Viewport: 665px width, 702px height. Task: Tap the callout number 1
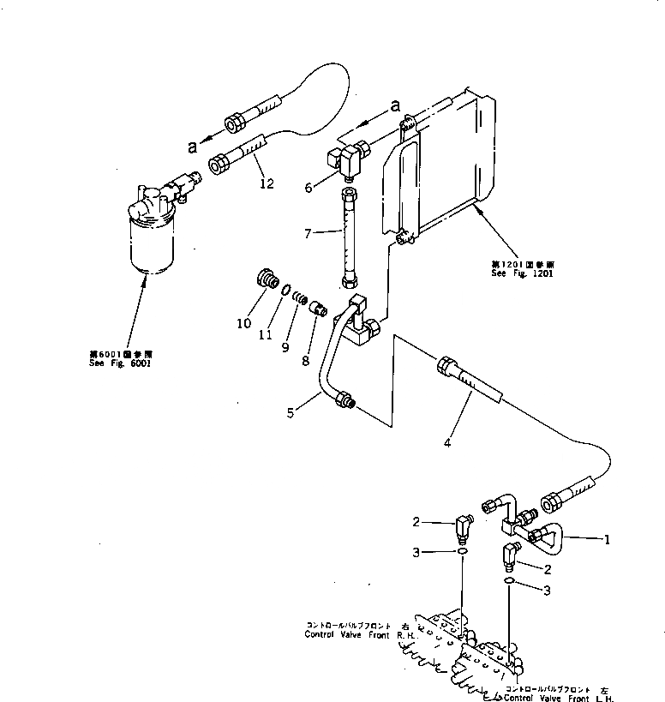point(606,541)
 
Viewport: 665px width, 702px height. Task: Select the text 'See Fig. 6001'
point(119,363)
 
